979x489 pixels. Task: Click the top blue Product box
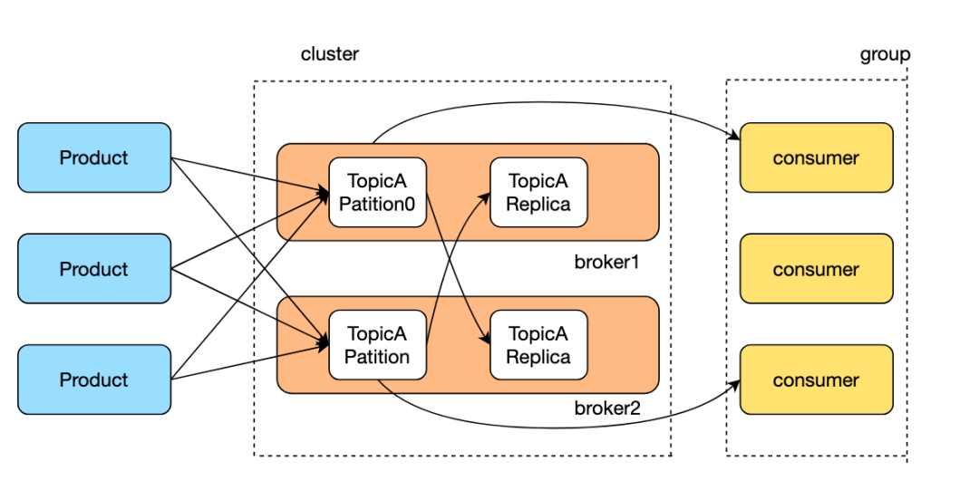point(94,158)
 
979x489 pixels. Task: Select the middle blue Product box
point(94,269)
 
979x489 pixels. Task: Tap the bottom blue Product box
point(94,379)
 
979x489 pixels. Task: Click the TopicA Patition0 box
point(377,193)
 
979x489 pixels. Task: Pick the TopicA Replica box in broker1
point(538,193)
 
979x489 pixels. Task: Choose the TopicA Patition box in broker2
point(377,345)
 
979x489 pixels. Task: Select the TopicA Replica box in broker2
point(538,345)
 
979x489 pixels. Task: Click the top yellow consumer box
point(816,158)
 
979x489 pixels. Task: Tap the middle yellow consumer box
point(816,269)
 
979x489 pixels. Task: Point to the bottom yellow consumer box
point(816,379)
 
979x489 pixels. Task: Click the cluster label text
point(330,53)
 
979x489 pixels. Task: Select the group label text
point(885,53)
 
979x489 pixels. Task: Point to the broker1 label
point(607,263)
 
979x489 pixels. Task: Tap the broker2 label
point(607,408)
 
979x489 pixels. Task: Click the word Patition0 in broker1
point(377,204)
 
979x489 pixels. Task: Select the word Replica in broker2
point(538,357)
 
